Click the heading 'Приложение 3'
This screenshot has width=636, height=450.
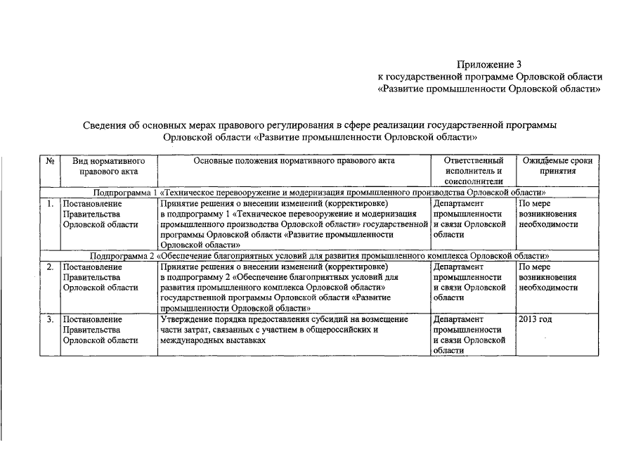[x=489, y=64]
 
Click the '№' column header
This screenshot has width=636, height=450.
[x=50, y=161]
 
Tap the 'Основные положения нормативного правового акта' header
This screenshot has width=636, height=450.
[x=294, y=161]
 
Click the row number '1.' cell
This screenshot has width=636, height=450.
[x=50, y=204]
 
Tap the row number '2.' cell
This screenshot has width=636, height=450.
[x=50, y=267]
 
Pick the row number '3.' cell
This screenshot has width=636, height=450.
[x=50, y=320]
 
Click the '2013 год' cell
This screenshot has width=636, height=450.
[x=535, y=320]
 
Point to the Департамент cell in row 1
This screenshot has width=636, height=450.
[x=469, y=219]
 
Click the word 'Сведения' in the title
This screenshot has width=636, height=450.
[x=105, y=125]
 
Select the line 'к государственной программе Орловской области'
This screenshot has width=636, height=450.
[x=490, y=77]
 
